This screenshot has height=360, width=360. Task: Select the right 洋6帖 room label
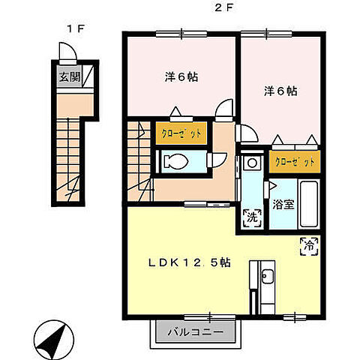[279, 91]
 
